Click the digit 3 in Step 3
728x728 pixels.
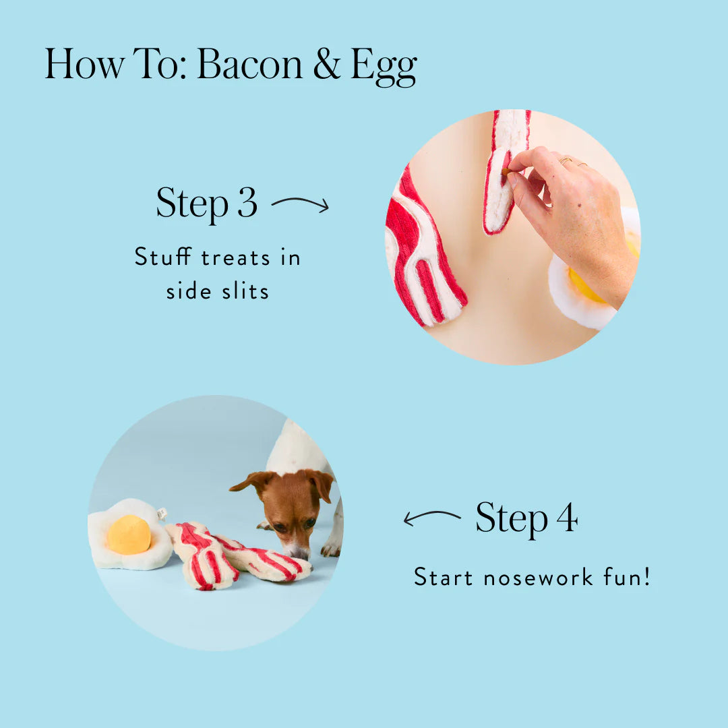coord(247,202)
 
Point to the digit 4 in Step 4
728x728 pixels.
coord(566,518)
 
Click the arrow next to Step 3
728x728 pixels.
coord(300,204)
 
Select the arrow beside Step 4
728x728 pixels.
coord(431,518)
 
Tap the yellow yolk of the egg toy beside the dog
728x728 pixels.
coord(129,535)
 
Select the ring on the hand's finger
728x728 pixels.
coord(564,161)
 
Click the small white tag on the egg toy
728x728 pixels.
coord(162,514)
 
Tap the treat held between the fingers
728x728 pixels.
coord(506,172)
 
